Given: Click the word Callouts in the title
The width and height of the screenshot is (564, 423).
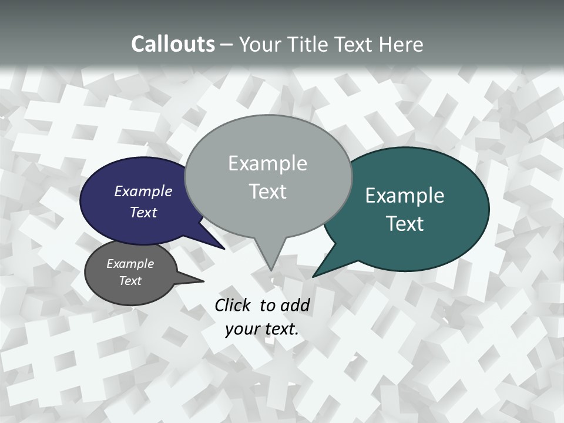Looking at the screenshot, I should click(x=173, y=44).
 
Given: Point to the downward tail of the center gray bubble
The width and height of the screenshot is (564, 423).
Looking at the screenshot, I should click(x=271, y=267).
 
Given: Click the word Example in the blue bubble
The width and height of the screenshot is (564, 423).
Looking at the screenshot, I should click(x=143, y=192).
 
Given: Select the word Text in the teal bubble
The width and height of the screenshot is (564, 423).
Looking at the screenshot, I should click(x=405, y=224).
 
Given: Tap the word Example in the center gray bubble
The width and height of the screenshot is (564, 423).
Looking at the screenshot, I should click(x=268, y=163).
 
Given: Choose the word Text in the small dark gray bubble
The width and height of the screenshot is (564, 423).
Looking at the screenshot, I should click(x=130, y=281).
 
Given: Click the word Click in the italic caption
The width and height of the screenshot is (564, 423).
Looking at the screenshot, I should click(x=232, y=305).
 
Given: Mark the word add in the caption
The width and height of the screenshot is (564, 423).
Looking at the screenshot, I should click(x=296, y=305).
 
